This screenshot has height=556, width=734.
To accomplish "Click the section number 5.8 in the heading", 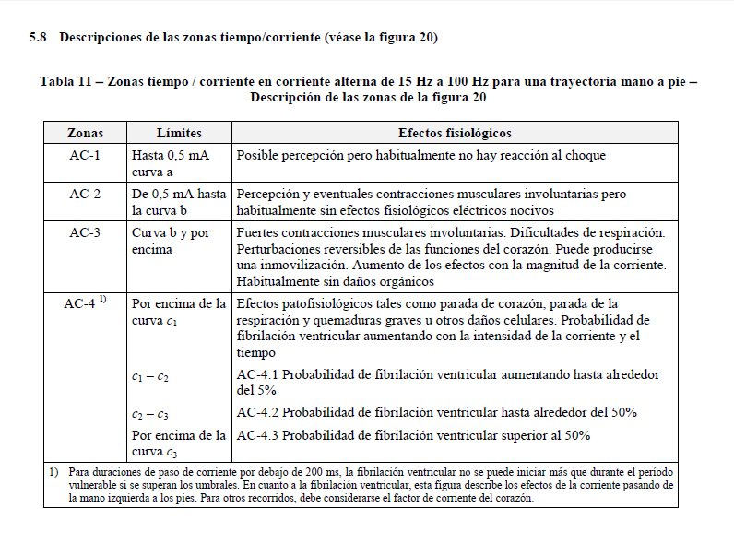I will pos(38,37).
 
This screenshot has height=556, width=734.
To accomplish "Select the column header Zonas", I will pos(86,134).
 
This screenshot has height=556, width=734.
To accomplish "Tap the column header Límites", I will pos(179,134).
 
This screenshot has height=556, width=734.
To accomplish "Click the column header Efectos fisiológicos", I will pos(455,134).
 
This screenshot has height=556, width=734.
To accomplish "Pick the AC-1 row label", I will pos(86,156).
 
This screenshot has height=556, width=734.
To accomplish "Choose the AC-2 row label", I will pos(86,195).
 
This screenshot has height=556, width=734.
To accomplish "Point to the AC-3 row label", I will pos(86,233).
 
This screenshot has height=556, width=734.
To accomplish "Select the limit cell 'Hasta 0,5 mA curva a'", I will pos(172,163).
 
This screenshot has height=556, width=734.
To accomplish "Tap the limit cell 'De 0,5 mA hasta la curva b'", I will pos(179,202).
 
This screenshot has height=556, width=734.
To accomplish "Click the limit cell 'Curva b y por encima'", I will pos(171,241).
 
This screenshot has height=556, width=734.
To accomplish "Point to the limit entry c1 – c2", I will pos(150,376).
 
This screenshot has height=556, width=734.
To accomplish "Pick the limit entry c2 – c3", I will pos(150,414).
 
